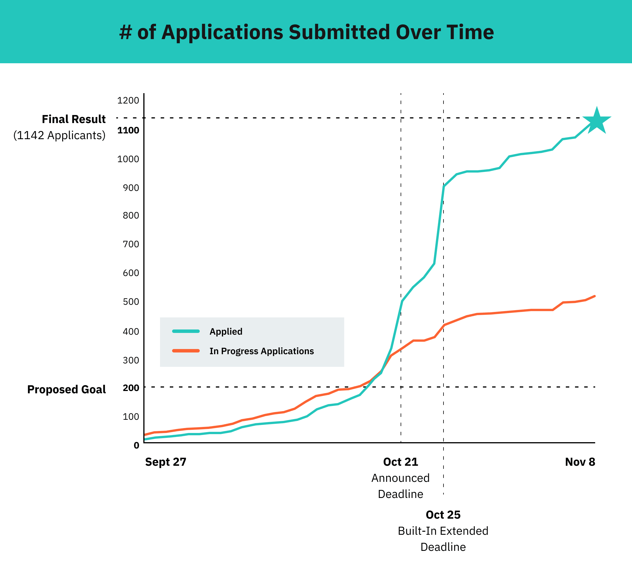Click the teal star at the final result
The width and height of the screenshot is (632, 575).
(597, 121)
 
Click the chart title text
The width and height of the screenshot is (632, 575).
(306, 32)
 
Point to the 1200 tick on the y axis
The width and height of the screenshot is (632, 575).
(128, 101)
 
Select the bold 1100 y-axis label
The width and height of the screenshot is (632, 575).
(128, 130)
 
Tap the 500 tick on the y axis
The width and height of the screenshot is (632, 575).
(131, 302)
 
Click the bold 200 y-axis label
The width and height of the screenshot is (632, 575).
(131, 388)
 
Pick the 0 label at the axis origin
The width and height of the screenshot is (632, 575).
(136, 445)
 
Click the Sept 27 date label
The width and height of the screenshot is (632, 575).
(165, 462)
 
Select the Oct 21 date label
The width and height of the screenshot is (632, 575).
(400, 462)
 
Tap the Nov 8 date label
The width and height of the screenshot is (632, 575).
(580, 462)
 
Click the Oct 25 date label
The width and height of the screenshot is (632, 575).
(443, 515)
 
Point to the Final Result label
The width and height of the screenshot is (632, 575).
(74, 119)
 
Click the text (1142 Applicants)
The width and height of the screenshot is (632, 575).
(59, 135)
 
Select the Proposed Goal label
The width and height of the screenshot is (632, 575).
(66, 389)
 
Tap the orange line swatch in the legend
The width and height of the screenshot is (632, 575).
(186, 351)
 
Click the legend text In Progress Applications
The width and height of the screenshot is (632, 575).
(261, 351)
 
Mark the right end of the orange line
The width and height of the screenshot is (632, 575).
(594, 296)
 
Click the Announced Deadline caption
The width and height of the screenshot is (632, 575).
(400, 486)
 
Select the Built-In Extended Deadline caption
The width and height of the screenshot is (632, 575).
(443, 539)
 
